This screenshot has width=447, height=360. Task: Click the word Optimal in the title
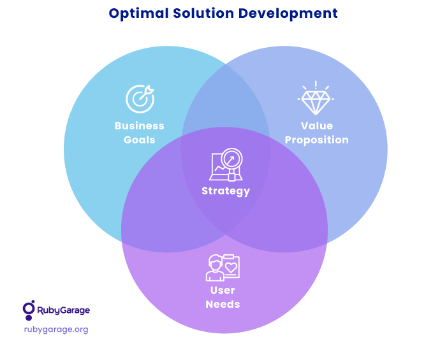tap(138, 13)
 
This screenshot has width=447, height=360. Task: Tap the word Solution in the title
tap(203, 13)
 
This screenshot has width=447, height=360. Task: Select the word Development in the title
tap(288, 13)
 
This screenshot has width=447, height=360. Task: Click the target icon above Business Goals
tap(140, 99)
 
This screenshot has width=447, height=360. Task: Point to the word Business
tap(140, 126)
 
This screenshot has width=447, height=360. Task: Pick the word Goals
tap(140, 140)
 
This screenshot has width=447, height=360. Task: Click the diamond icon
tap(316, 98)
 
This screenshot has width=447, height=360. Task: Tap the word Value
tap(317, 126)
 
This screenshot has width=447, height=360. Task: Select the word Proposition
tap(317, 140)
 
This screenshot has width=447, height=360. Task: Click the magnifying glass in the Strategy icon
tap(231, 159)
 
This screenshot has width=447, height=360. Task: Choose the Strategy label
tap(226, 191)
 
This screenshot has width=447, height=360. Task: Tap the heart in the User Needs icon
tap(231, 268)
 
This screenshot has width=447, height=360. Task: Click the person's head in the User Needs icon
tap(216, 263)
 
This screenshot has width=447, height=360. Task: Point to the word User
tap(223, 290)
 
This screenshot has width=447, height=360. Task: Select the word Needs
tap(223, 304)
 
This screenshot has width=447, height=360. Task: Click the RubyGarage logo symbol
tap(29, 310)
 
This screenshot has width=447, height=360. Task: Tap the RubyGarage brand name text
tap(64, 310)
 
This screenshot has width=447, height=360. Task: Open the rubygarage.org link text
tap(56, 329)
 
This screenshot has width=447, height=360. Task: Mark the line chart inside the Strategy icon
tap(221, 168)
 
